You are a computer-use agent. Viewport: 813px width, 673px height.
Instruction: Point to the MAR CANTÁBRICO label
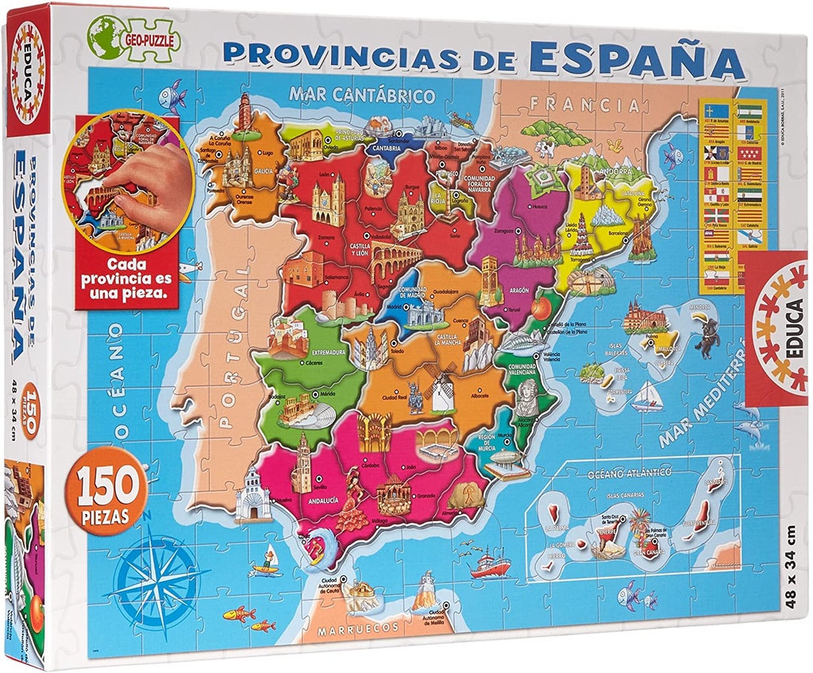(362, 95)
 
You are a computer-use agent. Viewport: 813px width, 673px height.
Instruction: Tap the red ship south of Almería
(490, 565)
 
